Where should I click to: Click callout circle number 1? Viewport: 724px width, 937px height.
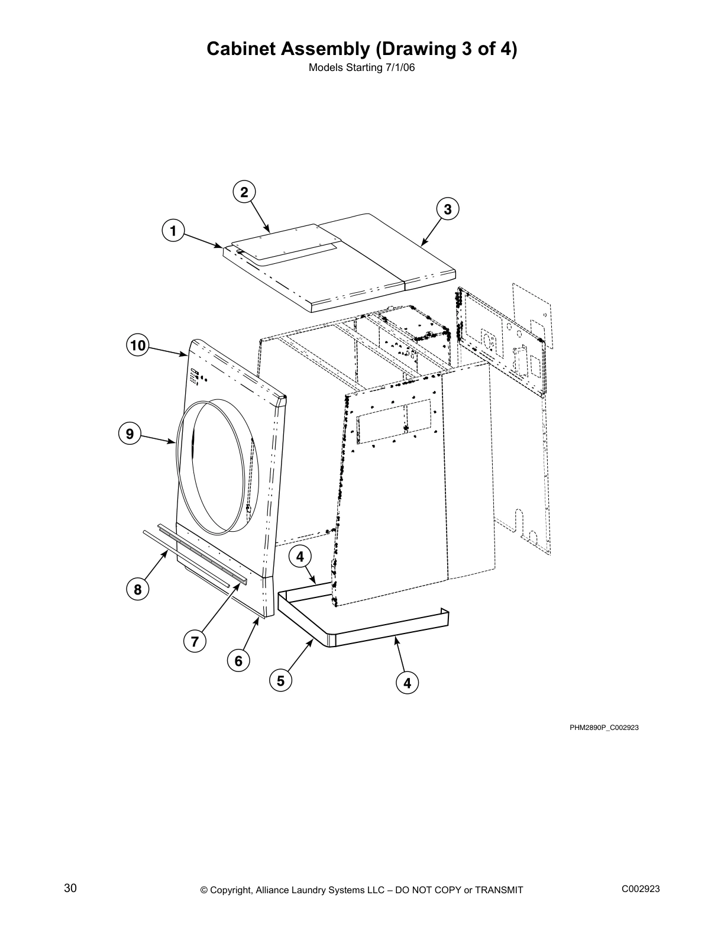[x=173, y=231]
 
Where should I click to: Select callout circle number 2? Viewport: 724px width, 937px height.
[x=244, y=192]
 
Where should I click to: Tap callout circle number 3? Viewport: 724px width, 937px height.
[x=448, y=209]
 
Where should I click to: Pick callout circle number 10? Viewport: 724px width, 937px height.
[x=138, y=345]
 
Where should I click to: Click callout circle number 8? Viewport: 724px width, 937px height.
[x=138, y=589]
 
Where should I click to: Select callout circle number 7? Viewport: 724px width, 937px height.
[x=195, y=641]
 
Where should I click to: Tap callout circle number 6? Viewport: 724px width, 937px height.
[x=238, y=661]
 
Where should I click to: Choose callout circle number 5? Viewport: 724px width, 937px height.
[x=281, y=681]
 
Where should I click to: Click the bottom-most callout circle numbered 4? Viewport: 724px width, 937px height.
[x=407, y=683]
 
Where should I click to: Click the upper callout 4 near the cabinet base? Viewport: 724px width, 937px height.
[x=300, y=557]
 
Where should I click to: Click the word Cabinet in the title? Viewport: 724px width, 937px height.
[x=239, y=49]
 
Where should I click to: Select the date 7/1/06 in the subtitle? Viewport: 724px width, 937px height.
[x=399, y=67]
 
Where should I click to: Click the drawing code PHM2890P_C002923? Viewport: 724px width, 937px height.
[x=604, y=728]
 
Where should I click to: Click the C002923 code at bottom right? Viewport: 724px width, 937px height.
[x=641, y=888]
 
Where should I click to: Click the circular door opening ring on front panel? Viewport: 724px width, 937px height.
[x=218, y=466]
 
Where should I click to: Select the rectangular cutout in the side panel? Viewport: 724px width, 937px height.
[x=393, y=421]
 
